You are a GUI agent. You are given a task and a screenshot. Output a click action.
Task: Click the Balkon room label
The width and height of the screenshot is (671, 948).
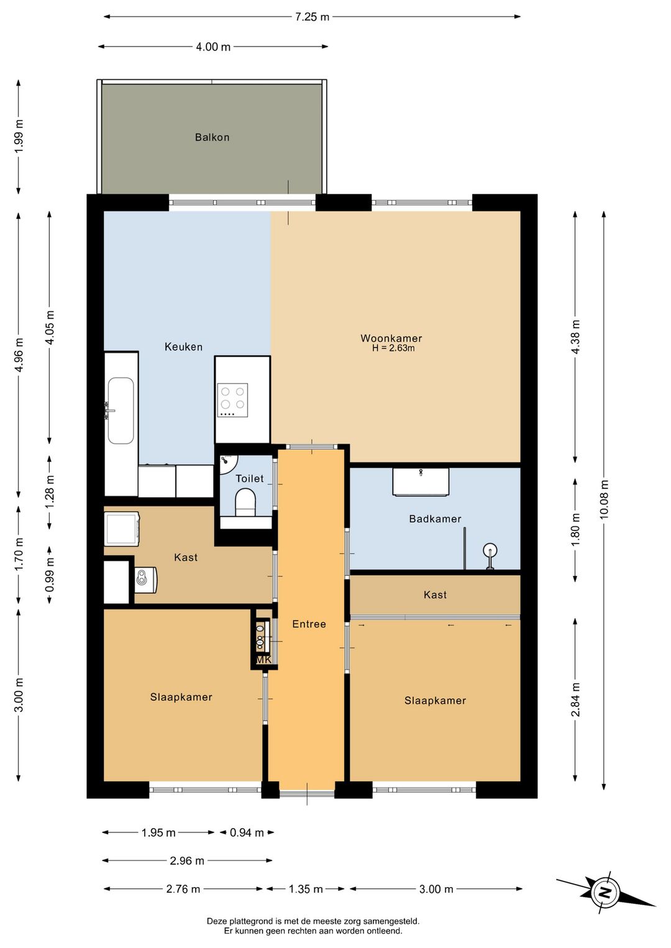pos(212,137)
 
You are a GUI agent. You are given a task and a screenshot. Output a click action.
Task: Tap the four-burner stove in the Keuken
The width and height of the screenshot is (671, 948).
pos(232,400)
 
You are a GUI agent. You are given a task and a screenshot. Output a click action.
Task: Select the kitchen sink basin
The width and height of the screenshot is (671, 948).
pos(121,411)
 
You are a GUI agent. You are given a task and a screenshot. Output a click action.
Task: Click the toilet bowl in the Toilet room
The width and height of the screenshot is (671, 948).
pos(245,503)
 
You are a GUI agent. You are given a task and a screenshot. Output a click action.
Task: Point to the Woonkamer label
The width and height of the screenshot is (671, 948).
pos(391,338)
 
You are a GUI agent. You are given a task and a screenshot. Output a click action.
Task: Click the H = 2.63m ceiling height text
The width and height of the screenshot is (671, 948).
pos(393,349)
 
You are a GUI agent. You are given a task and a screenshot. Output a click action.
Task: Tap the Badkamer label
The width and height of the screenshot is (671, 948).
pos(435,519)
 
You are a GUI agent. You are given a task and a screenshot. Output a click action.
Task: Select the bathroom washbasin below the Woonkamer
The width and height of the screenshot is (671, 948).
pos(421,481)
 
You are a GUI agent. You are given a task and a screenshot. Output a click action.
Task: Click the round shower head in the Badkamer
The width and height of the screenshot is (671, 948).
pos(490,550)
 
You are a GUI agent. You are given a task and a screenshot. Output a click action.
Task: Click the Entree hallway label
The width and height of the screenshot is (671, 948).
pos(309,624)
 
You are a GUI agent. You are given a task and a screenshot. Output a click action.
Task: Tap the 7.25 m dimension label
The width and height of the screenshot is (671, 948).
pos(312,17)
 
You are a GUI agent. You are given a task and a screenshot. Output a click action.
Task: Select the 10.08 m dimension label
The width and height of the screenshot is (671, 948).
pos(604,499)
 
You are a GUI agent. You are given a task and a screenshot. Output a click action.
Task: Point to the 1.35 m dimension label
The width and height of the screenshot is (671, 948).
pos(306,889)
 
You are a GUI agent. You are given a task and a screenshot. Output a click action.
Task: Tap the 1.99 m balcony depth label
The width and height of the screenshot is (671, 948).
pos(19,137)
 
